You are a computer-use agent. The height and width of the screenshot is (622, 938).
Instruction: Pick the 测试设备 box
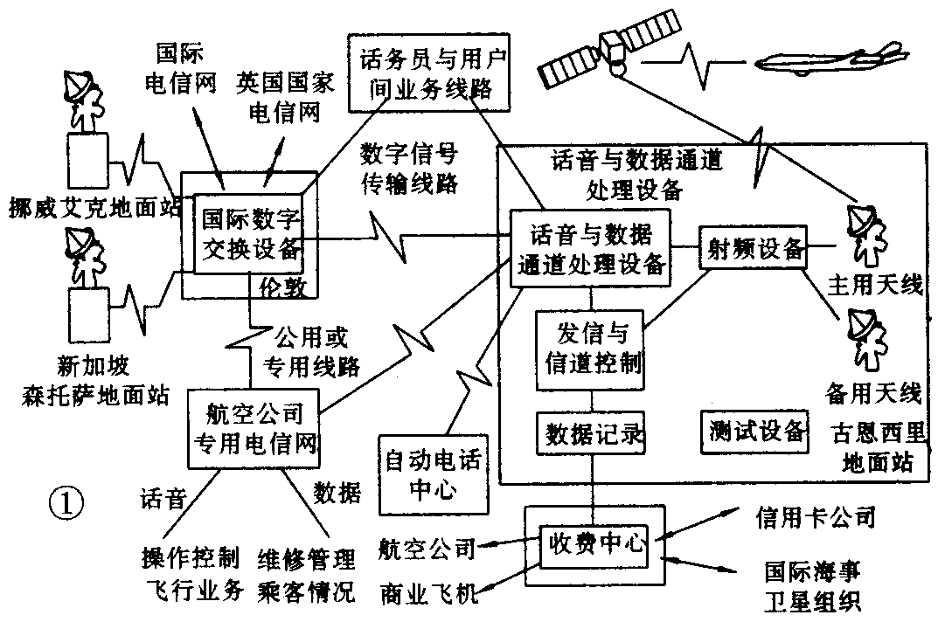pyautogui.click(x=754, y=431)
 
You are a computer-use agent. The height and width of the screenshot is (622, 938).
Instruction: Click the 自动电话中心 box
pyautogui.click(x=432, y=473)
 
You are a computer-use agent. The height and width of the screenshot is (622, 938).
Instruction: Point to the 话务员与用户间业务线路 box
pyautogui.click(x=429, y=73)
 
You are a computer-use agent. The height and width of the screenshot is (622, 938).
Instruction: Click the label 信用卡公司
pyautogui.click(x=814, y=518)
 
